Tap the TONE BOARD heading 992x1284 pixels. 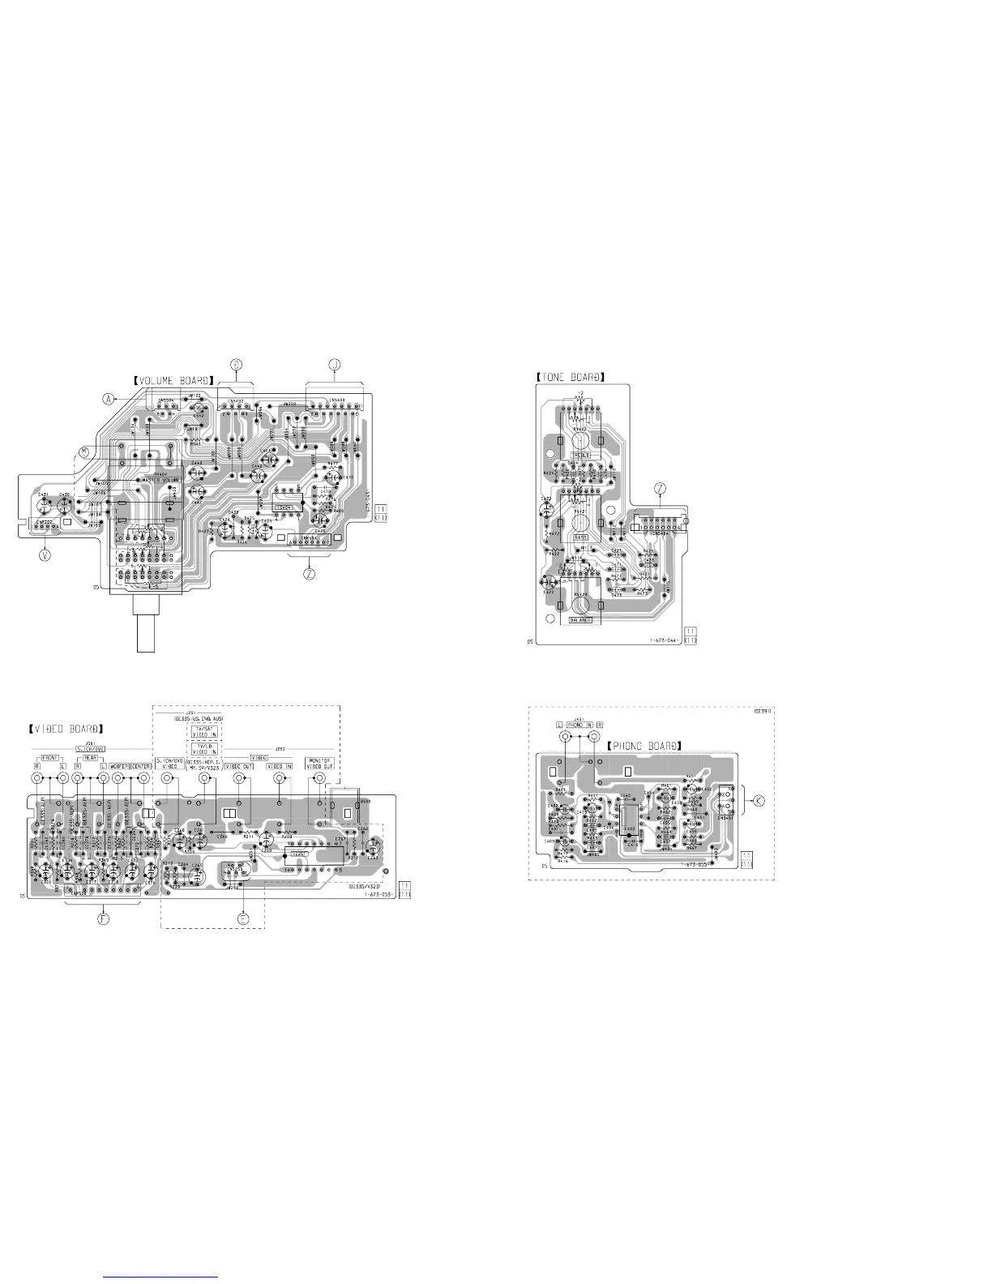pyautogui.click(x=571, y=376)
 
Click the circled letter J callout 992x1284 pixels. pyautogui.click(x=334, y=366)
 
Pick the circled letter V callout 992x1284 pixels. pyautogui.click(x=45, y=556)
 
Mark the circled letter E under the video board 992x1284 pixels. pyautogui.click(x=242, y=918)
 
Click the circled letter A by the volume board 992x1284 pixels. pyautogui.click(x=108, y=399)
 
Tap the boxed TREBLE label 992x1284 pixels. pyautogui.click(x=581, y=456)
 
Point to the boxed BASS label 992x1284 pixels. pyautogui.click(x=580, y=537)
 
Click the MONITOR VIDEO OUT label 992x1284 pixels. pyautogui.click(x=318, y=764)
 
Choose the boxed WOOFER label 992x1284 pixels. pyautogui.click(x=118, y=765)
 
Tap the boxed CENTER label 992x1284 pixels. pyautogui.click(x=141, y=765)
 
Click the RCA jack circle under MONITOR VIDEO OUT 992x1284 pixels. pyautogui.click(x=316, y=779)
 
